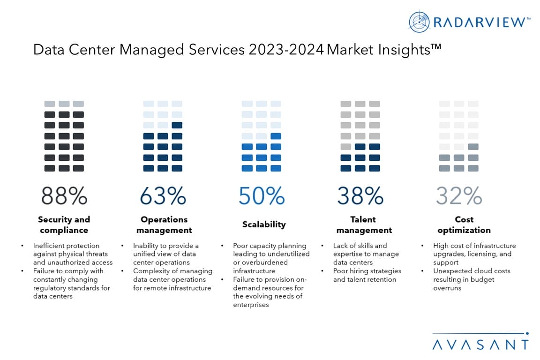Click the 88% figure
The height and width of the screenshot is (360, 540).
(x=64, y=196)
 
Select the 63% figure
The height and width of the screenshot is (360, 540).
(x=163, y=196)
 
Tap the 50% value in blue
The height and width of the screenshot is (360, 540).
(x=261, y=196)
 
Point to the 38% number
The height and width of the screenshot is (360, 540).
(x=360, y=196)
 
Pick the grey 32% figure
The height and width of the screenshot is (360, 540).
(x=459, y=196)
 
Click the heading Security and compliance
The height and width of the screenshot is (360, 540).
(x=64, y=225)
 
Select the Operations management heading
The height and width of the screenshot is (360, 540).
(x=164, y=225)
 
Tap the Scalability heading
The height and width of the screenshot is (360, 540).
(x=264, y=225)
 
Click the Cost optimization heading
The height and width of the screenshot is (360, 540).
(x=464, y=225)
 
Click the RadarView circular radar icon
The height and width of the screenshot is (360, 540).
(x=419, y=22)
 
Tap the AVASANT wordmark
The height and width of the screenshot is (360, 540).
(x=480, y=345)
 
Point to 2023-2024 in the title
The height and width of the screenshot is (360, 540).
(x=285, y=50)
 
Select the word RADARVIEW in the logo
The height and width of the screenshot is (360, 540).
(x=480, y=22)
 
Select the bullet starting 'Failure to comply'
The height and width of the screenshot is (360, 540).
(x=71, y=284)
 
